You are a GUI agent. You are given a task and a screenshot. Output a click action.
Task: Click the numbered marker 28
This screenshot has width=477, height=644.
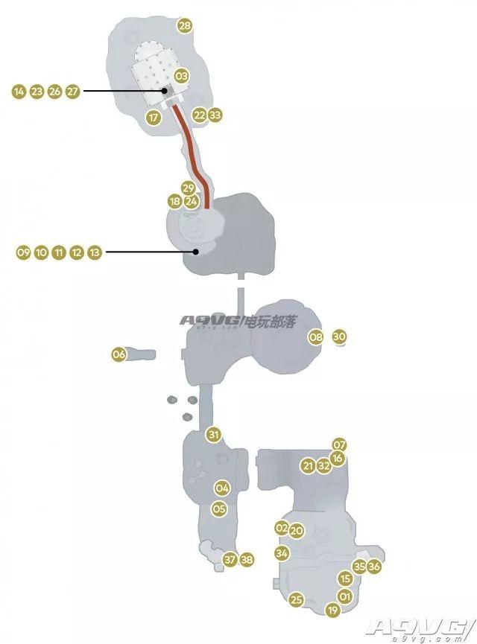point(185,26)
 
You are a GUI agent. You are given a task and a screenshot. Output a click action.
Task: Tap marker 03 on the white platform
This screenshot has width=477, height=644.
point(181,76)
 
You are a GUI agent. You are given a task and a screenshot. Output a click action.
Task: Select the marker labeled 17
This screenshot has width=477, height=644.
point(154,118)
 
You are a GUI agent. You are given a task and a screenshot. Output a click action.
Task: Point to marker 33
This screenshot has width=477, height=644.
point(215,115)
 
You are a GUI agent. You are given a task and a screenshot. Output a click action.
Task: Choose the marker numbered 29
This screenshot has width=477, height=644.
point(188,188)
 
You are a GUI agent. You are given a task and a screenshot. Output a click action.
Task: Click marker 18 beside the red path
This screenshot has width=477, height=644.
point(174,201)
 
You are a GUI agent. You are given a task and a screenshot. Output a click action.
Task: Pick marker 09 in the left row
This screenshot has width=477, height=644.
point(23,252)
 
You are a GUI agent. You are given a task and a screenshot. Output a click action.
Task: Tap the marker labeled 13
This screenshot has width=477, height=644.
point(95,252)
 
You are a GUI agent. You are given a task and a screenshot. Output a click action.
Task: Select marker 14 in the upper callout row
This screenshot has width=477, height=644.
point(19,91)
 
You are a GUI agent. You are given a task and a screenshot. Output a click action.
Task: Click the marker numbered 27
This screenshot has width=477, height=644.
point(72,91)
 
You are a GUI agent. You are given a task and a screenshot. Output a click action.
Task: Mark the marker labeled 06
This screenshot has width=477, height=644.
point(119,354)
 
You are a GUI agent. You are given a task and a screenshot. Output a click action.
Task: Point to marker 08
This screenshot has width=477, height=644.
point(316,337)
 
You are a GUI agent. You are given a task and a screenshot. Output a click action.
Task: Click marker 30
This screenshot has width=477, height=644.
point(339,337)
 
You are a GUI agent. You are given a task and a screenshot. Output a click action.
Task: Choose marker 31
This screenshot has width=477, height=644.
point(213,435)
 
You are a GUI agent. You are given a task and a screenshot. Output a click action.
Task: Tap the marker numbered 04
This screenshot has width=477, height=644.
point(222,488)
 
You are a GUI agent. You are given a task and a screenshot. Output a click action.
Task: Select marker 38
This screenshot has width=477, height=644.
point(247,559)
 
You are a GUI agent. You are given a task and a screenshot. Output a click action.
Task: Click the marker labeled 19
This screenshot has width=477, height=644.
point(332,610)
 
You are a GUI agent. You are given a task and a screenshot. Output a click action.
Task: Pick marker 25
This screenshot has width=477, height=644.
point(297,599)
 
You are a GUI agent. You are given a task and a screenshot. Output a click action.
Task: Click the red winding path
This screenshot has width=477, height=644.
point(192,156)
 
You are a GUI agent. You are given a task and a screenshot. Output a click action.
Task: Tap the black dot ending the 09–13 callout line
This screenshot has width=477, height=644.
point(196,252)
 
